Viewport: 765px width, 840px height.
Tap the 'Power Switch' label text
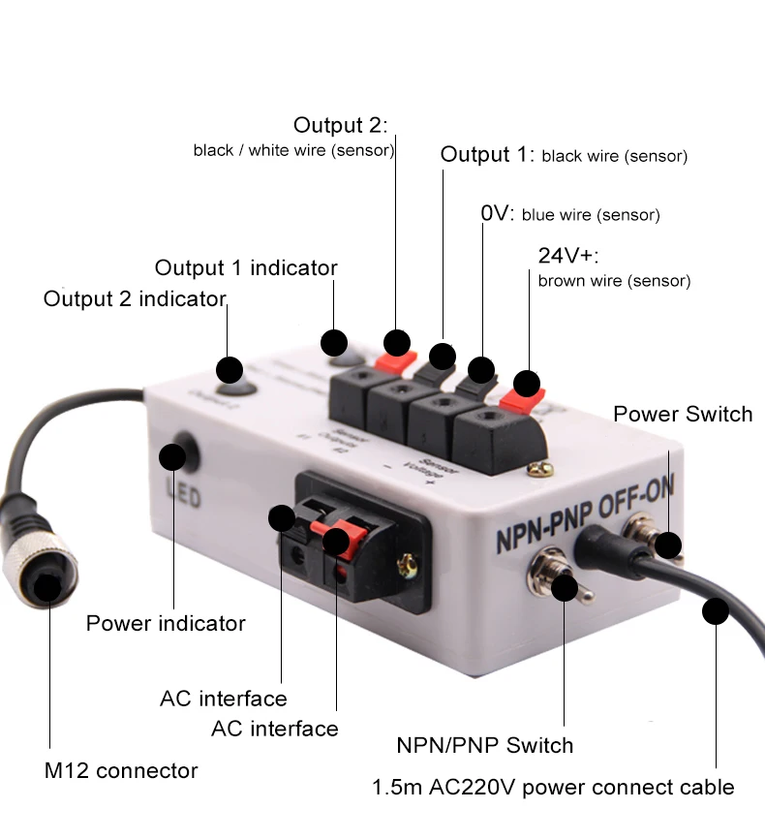683,414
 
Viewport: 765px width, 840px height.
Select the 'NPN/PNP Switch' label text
484,745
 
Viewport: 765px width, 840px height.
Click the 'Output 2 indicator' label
135,298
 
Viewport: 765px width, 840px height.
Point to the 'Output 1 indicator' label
246,267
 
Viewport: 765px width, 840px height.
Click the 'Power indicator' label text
166,622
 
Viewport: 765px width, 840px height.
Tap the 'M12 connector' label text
121,771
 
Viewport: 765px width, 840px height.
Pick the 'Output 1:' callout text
486,155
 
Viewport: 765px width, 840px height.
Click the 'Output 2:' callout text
340,125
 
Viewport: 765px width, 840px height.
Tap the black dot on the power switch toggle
667,545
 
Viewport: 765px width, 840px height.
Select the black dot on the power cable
716,611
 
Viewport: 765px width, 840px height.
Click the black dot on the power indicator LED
173,455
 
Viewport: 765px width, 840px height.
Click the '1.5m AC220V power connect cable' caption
553,787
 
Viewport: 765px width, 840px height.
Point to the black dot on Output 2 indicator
229,369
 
